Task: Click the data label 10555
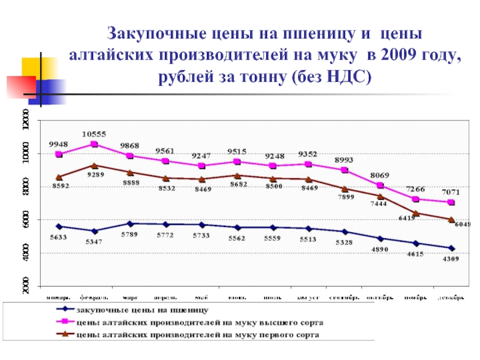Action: tap(95, 134)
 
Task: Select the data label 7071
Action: tap(451, 193)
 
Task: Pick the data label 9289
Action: tap(95, 175)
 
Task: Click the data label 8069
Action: tap(380, 175)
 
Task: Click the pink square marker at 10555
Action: tap(94, 144)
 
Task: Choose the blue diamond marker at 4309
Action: tap(451, 248)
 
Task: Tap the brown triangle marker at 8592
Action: tap(59, 177)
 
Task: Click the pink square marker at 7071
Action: tap(451, 203)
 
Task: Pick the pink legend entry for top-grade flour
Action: tap(192, 322)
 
